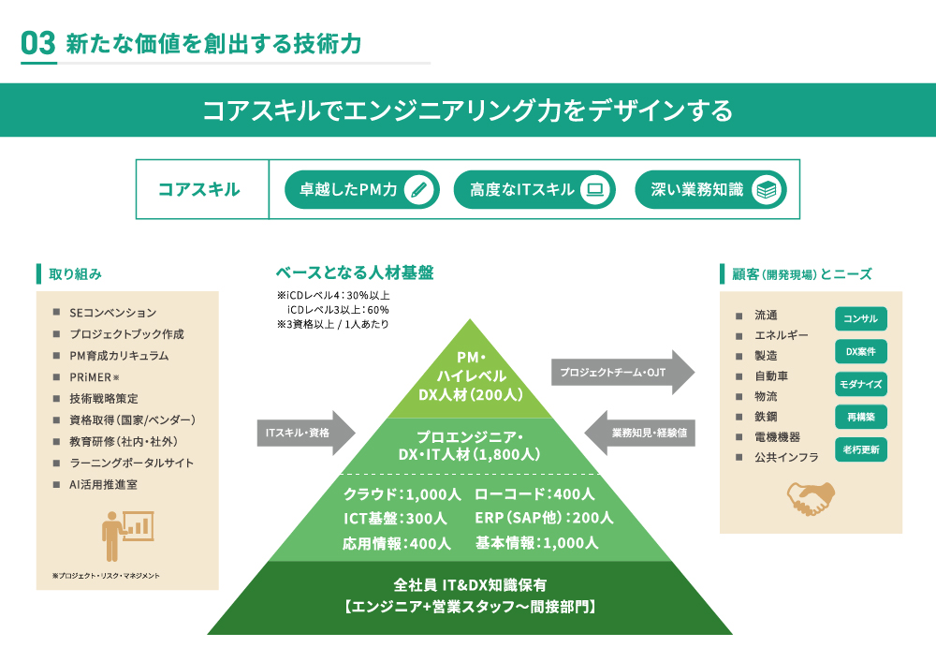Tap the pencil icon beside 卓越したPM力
point(421,190)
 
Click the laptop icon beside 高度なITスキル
point(593,190)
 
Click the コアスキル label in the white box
point(198,190)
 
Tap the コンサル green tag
point(860,319)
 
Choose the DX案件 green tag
point(860,352)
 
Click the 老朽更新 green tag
point(860,449)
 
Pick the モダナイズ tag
point(860,385)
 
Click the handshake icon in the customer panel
point(811,498)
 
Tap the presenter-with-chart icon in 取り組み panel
point(126,535)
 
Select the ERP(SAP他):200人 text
point(544,518)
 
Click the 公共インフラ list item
point(786,458)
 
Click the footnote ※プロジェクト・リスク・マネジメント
point(106,576)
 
